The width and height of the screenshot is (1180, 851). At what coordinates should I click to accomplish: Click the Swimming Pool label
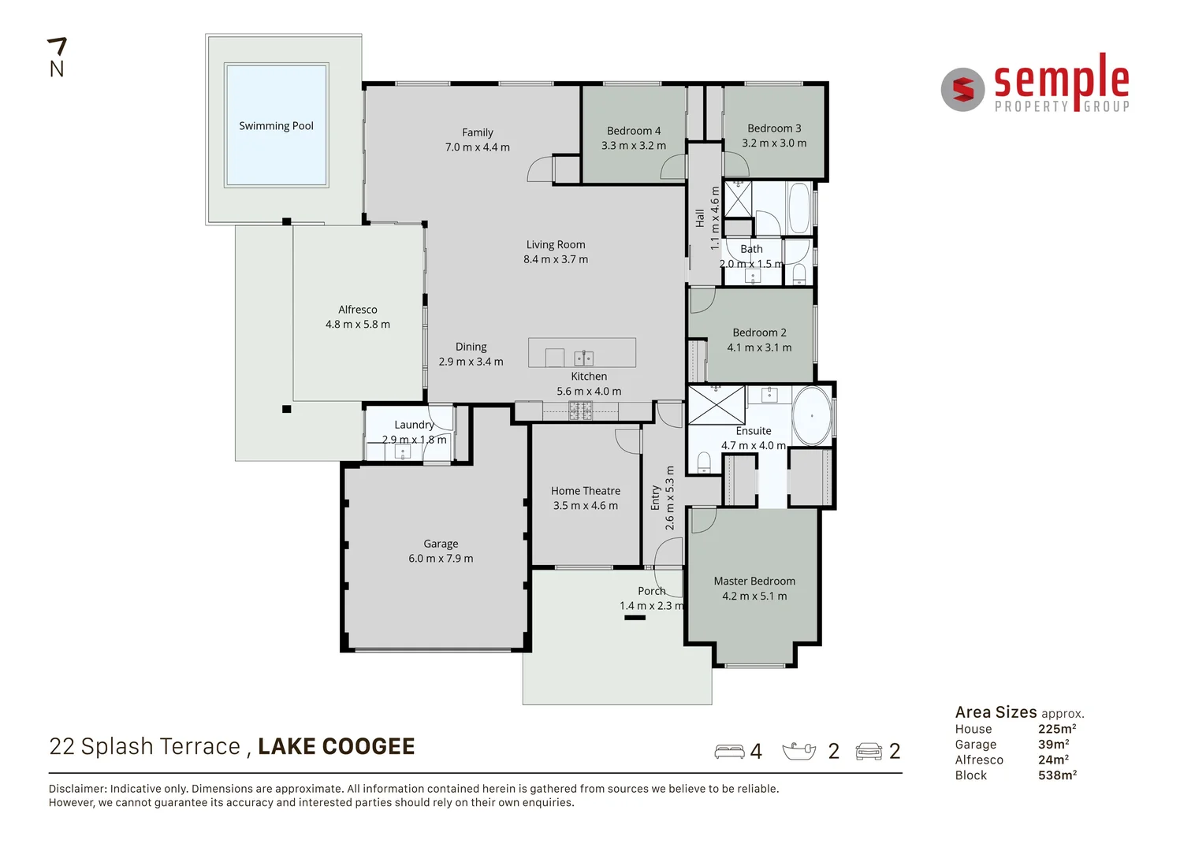pos(276,126)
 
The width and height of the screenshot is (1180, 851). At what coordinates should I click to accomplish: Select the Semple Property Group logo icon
pos(962,90)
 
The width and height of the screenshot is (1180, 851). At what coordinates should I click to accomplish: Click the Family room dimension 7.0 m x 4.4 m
pos(477,147)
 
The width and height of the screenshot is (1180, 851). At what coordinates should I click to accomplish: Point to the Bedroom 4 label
pos(634,131)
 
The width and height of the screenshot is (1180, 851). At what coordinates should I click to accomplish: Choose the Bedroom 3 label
pos(774,128)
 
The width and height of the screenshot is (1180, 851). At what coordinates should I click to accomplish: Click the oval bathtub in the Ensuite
pos(811,415)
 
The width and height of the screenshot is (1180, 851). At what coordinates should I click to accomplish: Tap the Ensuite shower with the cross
pos(716,405)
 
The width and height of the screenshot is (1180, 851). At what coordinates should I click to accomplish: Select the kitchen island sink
pos(583,359)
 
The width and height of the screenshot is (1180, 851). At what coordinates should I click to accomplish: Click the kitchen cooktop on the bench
pos(580,410)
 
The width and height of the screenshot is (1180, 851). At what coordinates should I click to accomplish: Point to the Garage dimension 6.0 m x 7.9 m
pos(441,559)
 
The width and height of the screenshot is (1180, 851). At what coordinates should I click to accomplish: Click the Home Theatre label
pos(586,491)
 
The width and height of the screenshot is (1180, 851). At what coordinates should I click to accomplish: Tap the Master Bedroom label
pos(754,582)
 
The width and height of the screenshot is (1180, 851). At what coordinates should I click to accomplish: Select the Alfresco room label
pos(358,310)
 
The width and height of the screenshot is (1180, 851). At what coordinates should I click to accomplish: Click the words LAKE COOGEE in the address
pos(337,747)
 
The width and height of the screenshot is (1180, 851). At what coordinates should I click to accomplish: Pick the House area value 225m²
pos(1056,729)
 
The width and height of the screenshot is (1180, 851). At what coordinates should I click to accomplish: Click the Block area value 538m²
pos(1056,775)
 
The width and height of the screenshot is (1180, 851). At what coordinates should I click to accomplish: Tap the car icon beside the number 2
pos(869,752)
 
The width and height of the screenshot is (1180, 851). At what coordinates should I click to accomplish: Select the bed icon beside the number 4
pos(729,752)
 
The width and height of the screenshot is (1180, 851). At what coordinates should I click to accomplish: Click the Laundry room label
pos(414,425)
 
